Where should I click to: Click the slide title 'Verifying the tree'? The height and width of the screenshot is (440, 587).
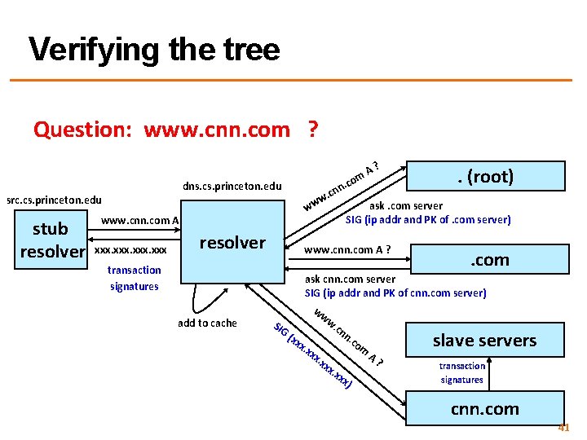pyautogui.click(x=154, y=51)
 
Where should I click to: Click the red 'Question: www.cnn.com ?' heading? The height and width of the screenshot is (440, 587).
pyautogui.click(x=175, y=130)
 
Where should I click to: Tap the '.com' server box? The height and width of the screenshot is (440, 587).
pyautogui.click(x=488, y=260)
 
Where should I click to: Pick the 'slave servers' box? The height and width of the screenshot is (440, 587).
pyautogui.click(x=484, y=341)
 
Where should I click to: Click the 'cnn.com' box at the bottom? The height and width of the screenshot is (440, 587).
pyautogui.click(x=484, y=408)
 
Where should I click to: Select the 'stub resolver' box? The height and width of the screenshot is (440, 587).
pyautogui.click(x=51, y=239)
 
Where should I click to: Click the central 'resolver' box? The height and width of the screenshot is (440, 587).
pyautogui.click(x=233, y=242)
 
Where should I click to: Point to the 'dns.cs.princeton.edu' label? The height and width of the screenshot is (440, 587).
pyautogui.click(x=232, y=187)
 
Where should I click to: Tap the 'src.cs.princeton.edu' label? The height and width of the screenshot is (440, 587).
pyautogui.click(x=54, y=200)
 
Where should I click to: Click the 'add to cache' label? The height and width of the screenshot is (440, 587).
pyautogui.click(x=207, y=323)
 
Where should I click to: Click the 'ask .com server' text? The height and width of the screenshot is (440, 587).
pyautogui.click(x=407, y=206)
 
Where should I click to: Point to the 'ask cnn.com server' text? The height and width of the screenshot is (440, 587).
pyautogui.click(x=350, y=279)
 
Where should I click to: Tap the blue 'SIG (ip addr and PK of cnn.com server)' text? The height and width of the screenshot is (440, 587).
pyautogui.click(x=395, y=293)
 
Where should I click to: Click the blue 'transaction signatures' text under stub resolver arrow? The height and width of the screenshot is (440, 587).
pyautogui.click(x=135, y=278)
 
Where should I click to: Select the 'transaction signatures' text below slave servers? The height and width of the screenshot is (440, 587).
pyautogui.click(x=462, y=372)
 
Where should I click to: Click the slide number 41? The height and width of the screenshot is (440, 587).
pyautogui.click(x=563, y=427)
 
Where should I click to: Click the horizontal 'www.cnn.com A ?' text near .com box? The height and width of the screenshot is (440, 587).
pyautogui.click(x=347, y=249)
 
